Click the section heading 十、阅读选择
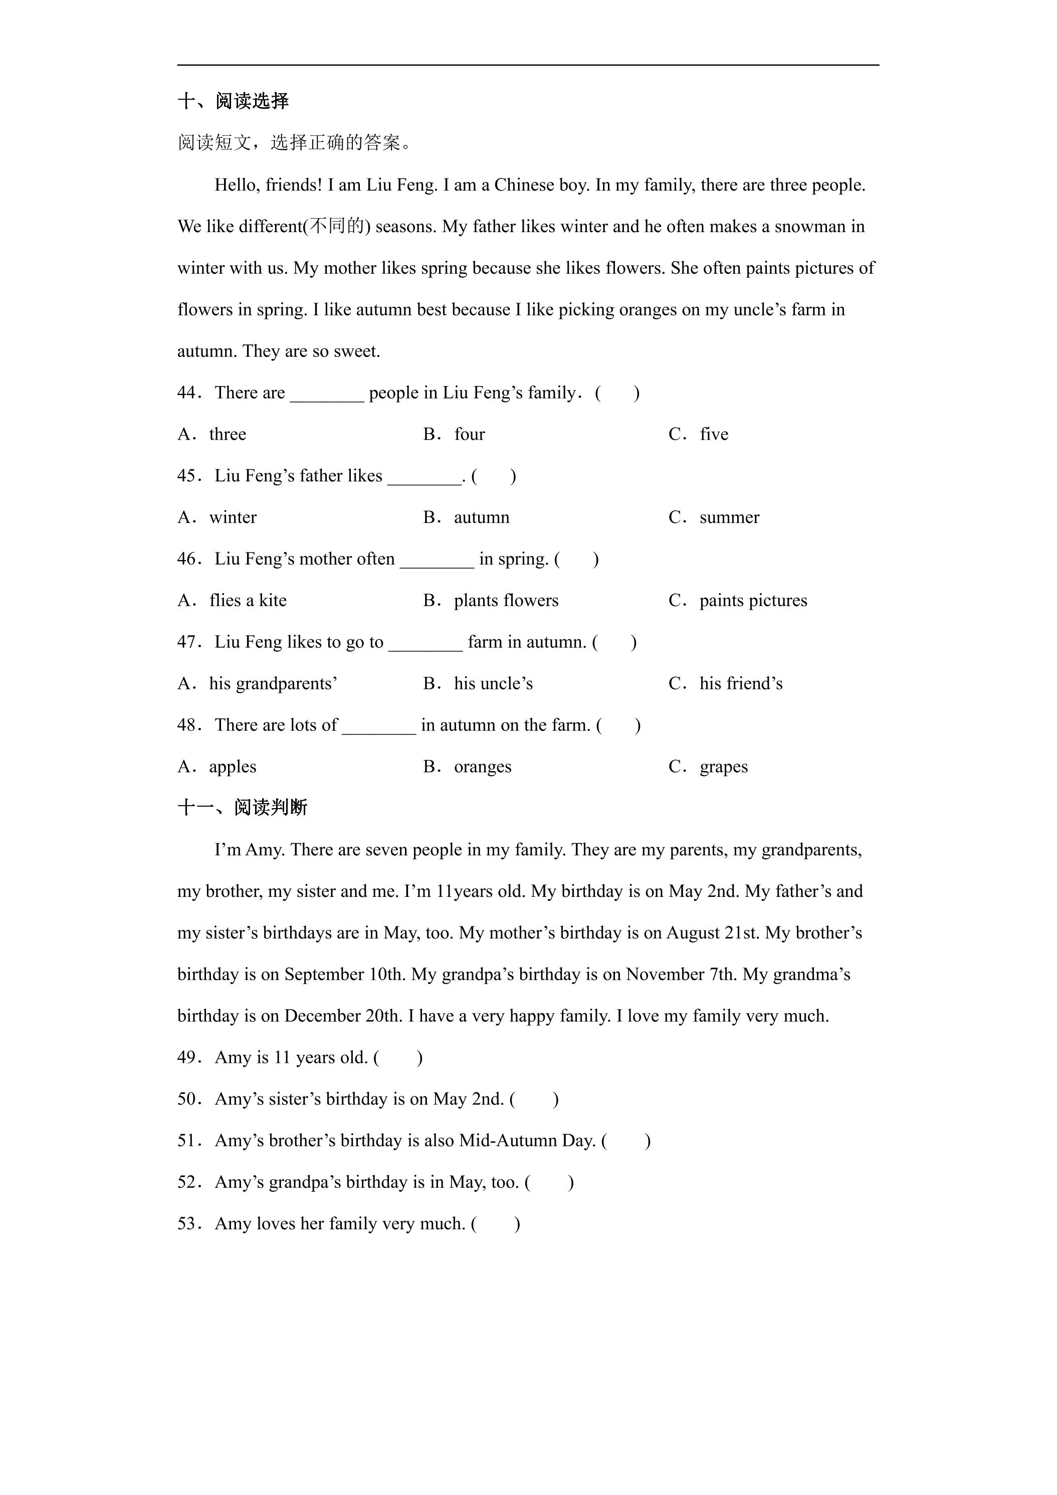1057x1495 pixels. point(233,101)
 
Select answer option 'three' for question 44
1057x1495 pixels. point(227,434)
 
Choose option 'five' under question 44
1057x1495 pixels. point(713,434)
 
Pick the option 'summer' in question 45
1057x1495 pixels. point(729,518)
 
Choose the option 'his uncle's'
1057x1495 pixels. point(493,684)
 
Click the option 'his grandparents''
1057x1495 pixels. point(273,684)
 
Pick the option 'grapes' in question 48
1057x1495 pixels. point(723,767)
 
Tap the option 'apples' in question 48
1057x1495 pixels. point(233,767)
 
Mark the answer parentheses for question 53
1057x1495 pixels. point(495,1224)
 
